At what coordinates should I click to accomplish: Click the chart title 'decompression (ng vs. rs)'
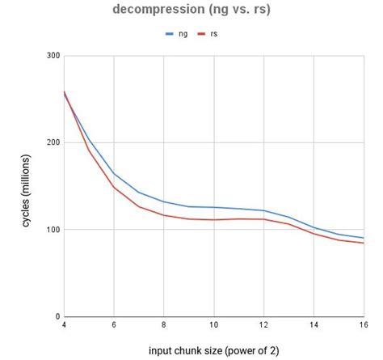[191, 11]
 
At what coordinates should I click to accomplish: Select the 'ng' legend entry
[182, 34]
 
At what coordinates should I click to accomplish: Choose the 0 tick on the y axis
[55, 316]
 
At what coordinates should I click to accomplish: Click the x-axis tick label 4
[64, 326]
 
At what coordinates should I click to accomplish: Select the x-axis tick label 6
[114, 326]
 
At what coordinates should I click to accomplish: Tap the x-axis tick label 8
[164, 326]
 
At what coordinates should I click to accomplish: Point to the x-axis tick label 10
[214, 326]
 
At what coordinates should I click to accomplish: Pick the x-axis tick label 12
[264, 326]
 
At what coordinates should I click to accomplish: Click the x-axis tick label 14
[314, 326]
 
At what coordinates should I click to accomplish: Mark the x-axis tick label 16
[363, 326]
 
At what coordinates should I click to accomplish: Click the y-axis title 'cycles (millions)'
[26, 185]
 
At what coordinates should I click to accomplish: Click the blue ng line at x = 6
[114, 173]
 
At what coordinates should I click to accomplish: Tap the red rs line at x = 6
[114, 188]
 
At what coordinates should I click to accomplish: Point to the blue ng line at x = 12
[264, 210]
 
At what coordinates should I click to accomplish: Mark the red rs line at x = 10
[214, 220]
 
